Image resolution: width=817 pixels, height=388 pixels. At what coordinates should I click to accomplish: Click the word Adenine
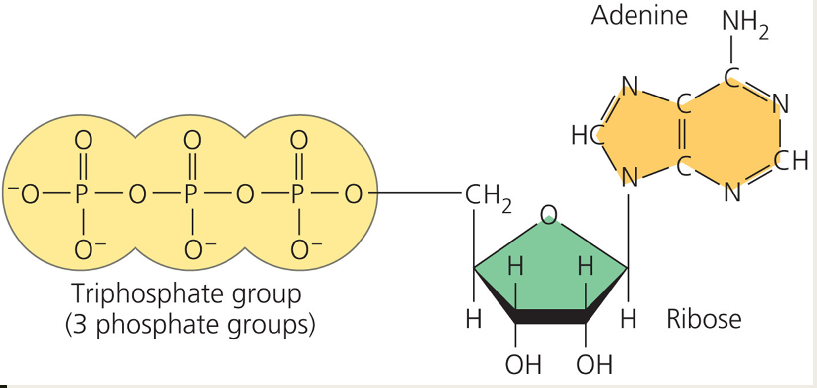coord(639,15)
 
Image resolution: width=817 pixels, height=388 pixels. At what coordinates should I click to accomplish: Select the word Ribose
coord(704,319)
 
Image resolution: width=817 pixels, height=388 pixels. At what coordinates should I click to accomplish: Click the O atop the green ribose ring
coord(548,215)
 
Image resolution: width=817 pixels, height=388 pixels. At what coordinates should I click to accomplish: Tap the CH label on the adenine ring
coord(791,161)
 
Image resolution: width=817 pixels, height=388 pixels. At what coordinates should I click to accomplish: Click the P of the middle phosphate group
coord(191,194)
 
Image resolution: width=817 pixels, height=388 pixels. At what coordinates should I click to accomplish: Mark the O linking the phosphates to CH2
coord(354,194)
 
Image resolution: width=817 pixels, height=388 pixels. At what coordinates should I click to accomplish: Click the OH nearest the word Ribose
coord(594,365)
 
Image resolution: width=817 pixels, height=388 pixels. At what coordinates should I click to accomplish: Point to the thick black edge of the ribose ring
coord(550,316)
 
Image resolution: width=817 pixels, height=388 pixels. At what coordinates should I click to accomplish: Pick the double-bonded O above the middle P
coord(192,140)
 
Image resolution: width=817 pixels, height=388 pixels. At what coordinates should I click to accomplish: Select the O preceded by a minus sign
coord(30,194)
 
